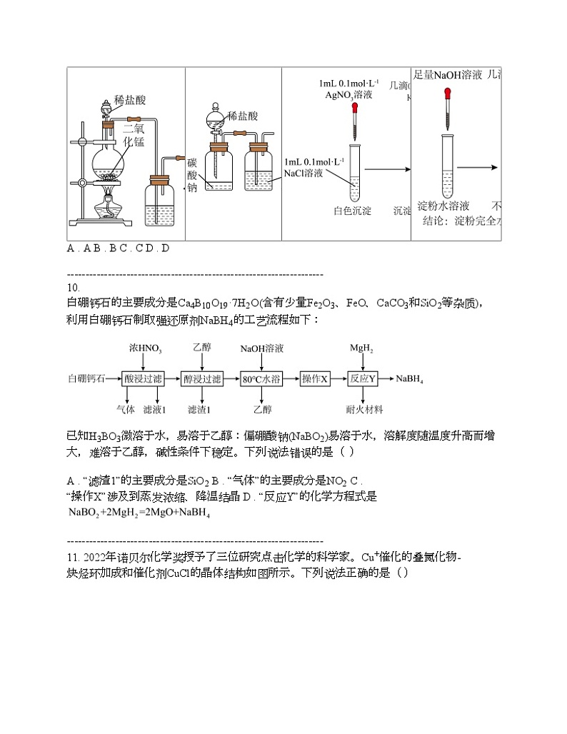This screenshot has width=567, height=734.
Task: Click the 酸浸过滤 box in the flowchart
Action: (x=144, y=378)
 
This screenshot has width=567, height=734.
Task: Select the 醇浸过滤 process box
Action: (x=203, y=378)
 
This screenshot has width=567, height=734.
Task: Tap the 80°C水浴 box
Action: (x=262, y=378)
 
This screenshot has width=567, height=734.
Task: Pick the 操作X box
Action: (x=315, y=378)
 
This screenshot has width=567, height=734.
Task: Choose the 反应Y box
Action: (x=362, y=378)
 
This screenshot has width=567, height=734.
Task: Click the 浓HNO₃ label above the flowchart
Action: (x=146, y=349)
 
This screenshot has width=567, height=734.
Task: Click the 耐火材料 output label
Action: (x=364, y=409)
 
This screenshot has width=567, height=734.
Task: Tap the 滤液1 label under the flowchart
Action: (x=155, y=409)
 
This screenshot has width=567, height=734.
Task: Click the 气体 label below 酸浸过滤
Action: (x=126, y=409)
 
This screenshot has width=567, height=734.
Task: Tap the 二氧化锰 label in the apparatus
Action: (x=134, y=135)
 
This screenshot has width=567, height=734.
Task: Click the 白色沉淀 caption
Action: (x=353, y=211)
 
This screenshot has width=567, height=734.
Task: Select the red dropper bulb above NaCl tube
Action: (x=354, y=108)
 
